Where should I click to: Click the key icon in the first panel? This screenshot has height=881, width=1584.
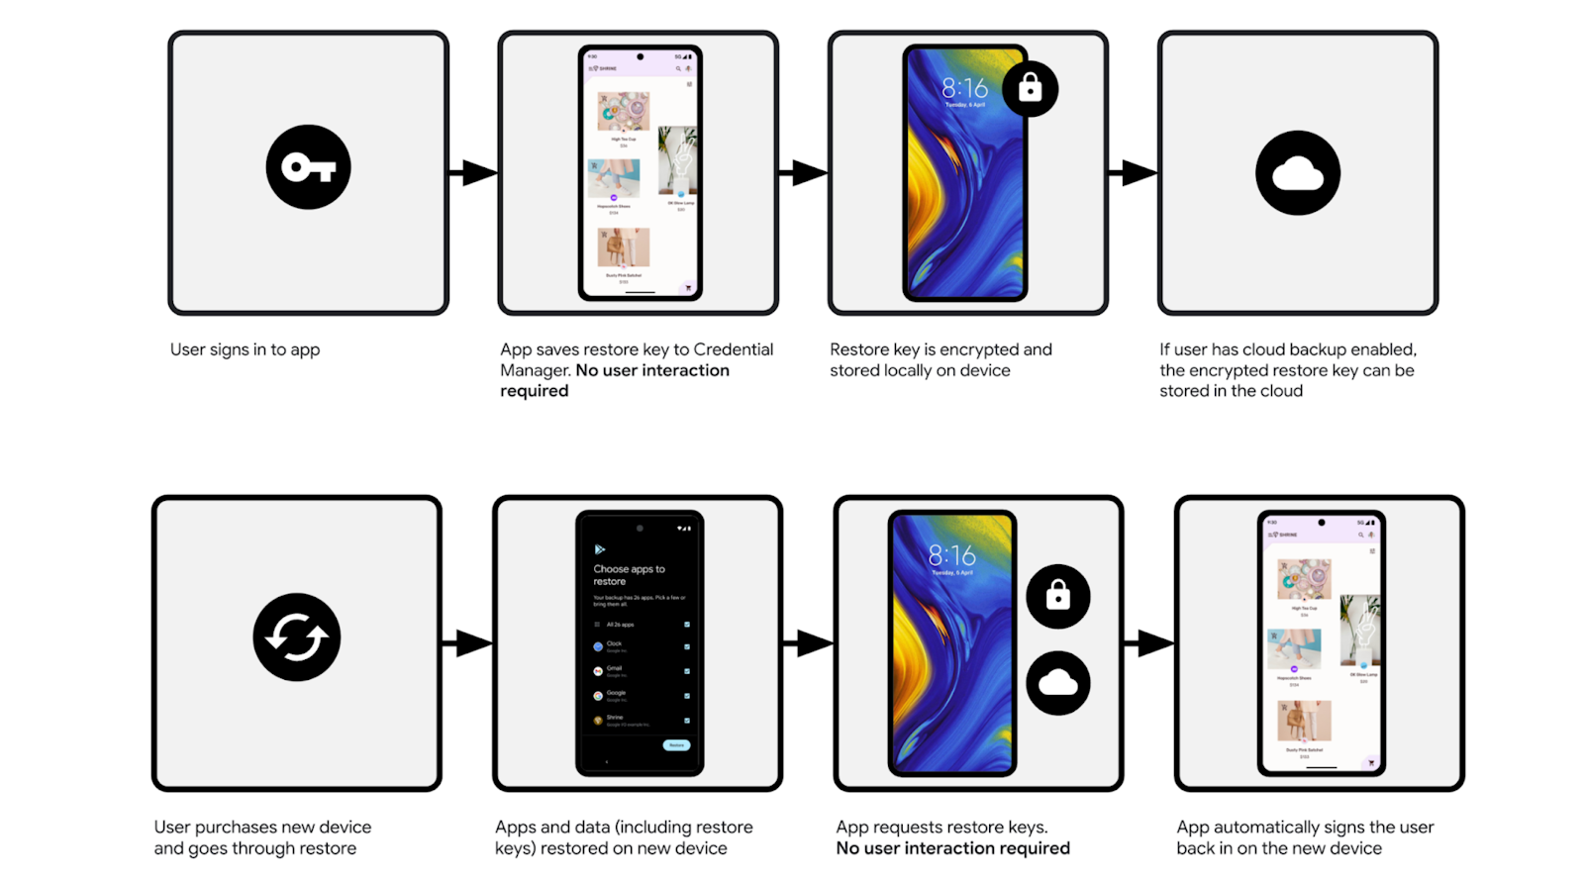click(308, 167)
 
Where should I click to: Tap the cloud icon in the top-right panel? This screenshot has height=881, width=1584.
click(1297, 173)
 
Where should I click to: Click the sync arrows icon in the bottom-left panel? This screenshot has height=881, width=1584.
click(296, 637)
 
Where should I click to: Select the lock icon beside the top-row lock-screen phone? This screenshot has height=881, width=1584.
click(1030, 89)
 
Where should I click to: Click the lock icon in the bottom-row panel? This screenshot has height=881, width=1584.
click(1057, 596)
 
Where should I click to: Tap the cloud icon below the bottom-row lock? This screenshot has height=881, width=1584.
click(1057, 683)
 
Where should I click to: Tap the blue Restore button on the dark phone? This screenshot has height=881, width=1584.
click(676, 745)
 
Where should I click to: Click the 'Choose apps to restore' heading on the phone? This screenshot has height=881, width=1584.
click(629, 575)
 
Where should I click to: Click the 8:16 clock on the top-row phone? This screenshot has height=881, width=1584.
click(964, 88)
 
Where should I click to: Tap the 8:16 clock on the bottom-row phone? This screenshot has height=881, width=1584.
click(951, 555)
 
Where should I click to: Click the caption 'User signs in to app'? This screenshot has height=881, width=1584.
click(245, 349)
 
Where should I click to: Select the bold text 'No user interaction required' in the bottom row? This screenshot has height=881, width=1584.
click(952, 848)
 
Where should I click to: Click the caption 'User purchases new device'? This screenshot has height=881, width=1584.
click(262, 827)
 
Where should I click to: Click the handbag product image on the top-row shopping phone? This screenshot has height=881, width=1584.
click(623, 247)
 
